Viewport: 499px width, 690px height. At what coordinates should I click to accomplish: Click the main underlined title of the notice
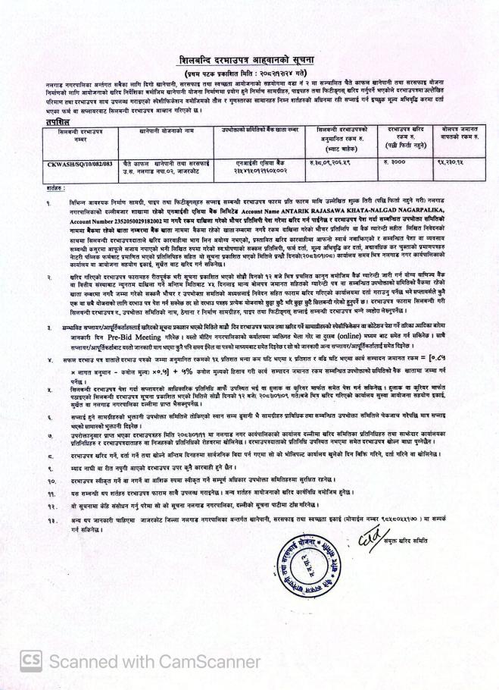pyautogui.click(x=249, y=60)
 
